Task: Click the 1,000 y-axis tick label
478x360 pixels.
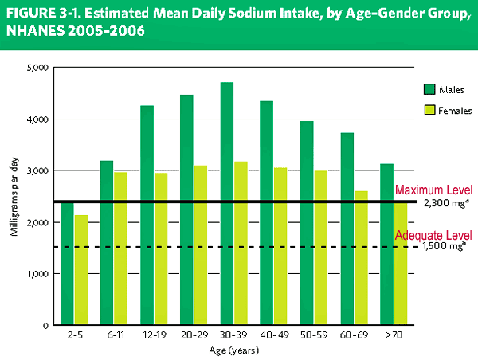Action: (x=36, y=274)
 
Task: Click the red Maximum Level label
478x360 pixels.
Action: (x=434, y=190)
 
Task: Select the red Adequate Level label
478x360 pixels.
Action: (x=434, y=236)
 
